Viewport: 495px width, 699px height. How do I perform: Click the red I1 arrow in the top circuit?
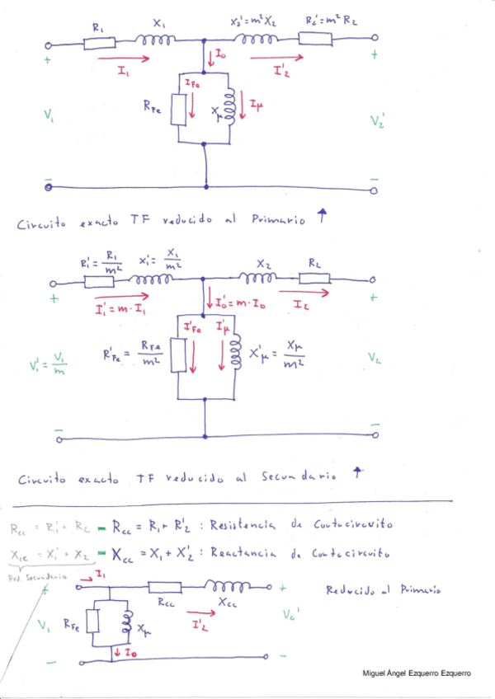pyautogui.click(x=124, y=59)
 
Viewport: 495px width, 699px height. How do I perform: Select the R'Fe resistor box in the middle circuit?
pyautogui.click(x=179, y=357)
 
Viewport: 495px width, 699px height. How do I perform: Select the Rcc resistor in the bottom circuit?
pyautogui.click(x=166, y=589)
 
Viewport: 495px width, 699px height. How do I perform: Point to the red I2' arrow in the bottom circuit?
pyautogui.click(x=199, y=614)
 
